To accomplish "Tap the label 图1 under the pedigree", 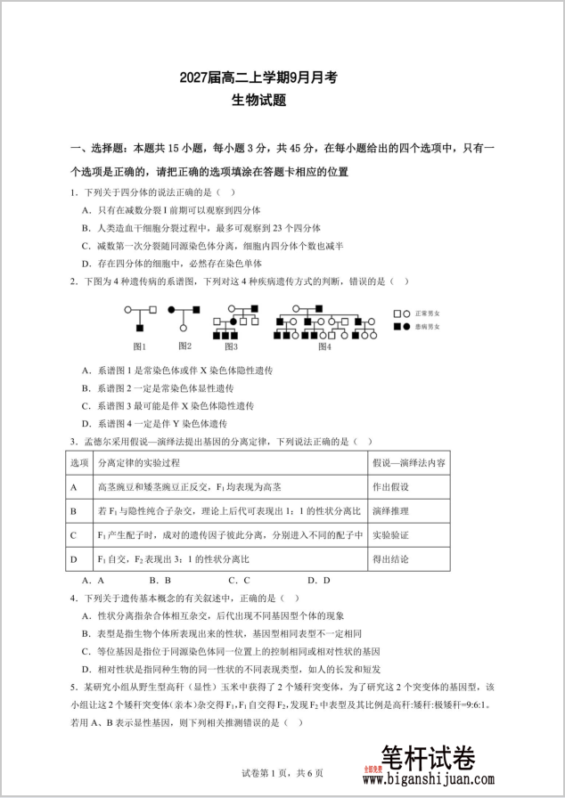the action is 140,346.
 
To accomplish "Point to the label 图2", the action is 184,346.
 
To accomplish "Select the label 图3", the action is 231,346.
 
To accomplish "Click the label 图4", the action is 324,346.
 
